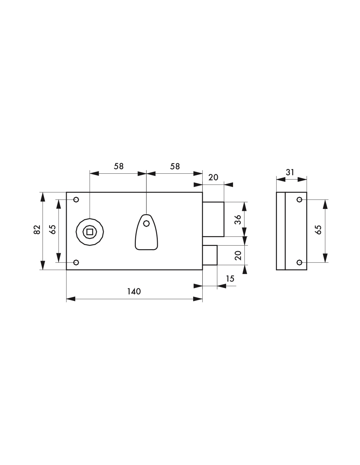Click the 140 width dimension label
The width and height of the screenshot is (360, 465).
134,291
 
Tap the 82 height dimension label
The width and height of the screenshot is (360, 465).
37,230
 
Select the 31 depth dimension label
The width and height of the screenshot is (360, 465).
290,172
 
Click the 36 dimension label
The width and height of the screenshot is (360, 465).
238,219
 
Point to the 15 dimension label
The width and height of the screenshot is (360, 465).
230,279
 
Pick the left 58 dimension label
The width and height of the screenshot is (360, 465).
119,166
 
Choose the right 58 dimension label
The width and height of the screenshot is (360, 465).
175,166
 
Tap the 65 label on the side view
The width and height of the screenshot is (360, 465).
318,230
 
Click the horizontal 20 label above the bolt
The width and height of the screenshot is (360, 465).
213,177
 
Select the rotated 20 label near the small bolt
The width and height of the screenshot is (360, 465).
238,255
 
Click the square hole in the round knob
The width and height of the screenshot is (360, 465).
90,232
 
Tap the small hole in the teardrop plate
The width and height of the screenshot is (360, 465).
147,223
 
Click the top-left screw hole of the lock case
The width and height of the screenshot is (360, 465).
76,200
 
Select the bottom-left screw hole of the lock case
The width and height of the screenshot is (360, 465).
76,262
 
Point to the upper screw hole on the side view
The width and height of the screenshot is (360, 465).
299,200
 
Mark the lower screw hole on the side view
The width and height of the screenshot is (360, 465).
299,262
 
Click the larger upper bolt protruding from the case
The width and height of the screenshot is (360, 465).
213,219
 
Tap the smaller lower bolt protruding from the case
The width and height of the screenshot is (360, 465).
210,255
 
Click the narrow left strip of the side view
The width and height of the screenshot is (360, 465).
281,231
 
